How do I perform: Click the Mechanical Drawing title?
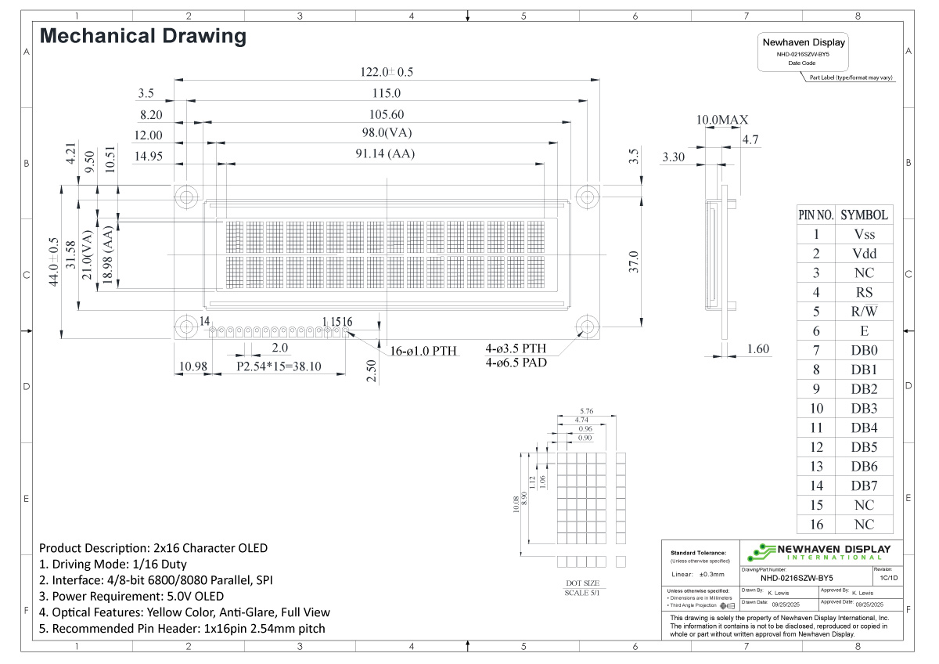pyautogui.click(x=143, y=36)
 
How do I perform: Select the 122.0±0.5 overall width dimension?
pyautogui.click(x=386, y=72)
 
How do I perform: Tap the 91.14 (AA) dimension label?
pyautogui.click(x=383, y=154)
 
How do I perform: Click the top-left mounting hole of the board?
pyautogui.click(x=186, y=196)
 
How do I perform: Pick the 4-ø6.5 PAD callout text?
pyautogui.click(x=516, y=363)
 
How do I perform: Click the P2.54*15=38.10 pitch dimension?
pyautogui.click(x=279, y=366)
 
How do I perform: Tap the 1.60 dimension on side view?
pyautogui.click(x=757, y=349)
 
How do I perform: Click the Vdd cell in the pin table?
pyautogui.click(x=864, y=254)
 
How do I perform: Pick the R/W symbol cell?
pyautogui.click(x=864, y=312)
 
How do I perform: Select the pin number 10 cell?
pyautogui.click(x=816, y=408)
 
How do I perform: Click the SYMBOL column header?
pyautogui.click(x=864, y=215)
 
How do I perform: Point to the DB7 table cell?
pyautogui.click(x=864, y=485)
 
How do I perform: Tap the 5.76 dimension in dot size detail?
pyautogui.click(x=586, y=411)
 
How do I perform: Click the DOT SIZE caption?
pyautogui.click(x=582, y=583)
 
